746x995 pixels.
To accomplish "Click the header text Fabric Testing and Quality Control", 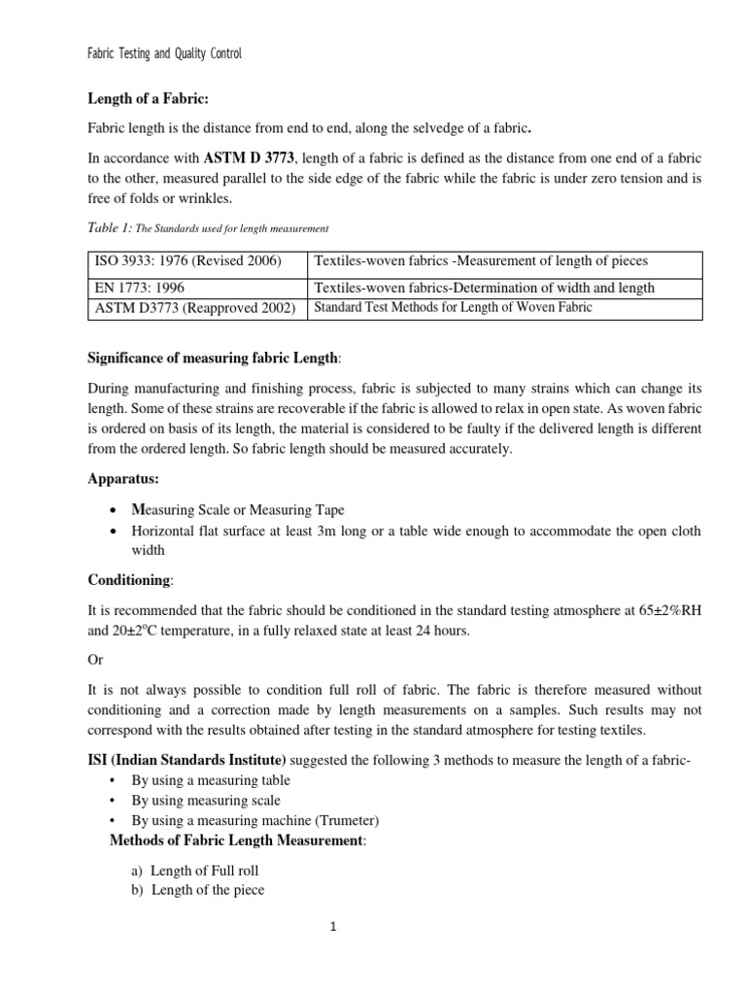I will [164, 54].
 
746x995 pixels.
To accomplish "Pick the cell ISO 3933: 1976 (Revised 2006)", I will [187, 261].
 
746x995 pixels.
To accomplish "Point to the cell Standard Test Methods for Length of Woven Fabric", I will [452, 308].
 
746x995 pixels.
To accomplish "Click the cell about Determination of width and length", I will [483, 288].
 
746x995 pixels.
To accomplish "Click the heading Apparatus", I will [122, 479].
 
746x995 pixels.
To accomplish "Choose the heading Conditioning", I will [130, 580].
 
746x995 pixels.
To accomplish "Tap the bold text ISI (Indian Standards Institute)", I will [187, 760].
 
